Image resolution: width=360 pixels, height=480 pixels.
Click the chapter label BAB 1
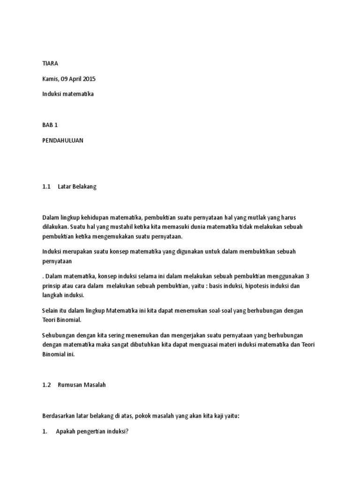50,126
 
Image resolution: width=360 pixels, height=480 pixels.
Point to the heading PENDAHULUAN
63,141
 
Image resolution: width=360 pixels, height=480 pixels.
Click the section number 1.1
46,187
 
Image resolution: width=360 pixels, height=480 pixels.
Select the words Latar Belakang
77,187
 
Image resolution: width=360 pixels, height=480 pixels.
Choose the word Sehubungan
59,336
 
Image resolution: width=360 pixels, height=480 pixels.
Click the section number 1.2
46,385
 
